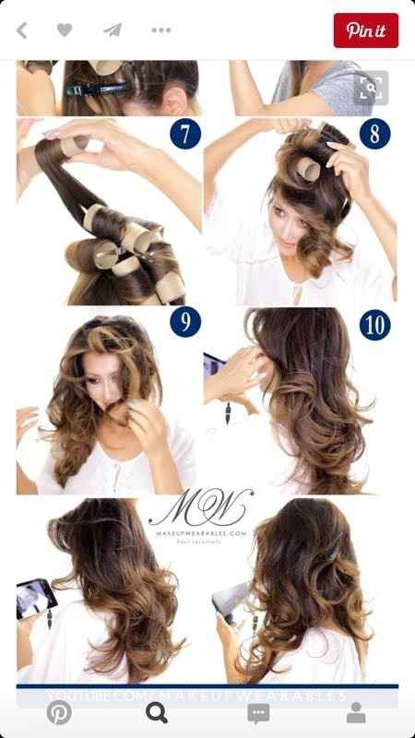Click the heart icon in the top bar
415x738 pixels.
click(65, 30)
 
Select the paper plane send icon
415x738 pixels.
click(113, 30)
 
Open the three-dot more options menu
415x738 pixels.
click(161, 30)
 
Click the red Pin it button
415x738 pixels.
click(365, 30)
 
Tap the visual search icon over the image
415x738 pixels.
click(371, 89)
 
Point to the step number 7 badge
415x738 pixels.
click(184, 134)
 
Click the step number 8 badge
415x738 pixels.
click(373, 134)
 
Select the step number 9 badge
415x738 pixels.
click(184, 323)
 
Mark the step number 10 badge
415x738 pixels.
click(373, 324)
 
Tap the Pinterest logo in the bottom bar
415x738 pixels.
click(59, 713)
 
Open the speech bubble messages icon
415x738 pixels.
click(258, 713)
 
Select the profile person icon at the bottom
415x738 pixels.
click(355, 713)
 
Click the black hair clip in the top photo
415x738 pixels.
click(97, 90)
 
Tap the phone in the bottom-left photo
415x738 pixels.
click(35, 600)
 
